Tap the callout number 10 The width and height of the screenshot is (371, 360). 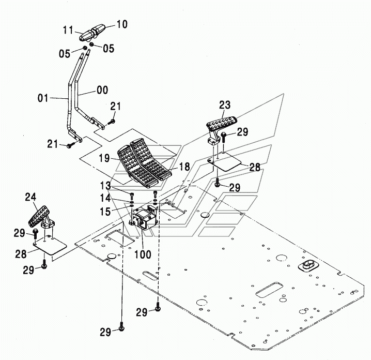tap(121, 24)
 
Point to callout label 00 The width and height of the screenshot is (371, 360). tap(102, 91)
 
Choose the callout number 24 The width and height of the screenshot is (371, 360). tap(30, 197)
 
